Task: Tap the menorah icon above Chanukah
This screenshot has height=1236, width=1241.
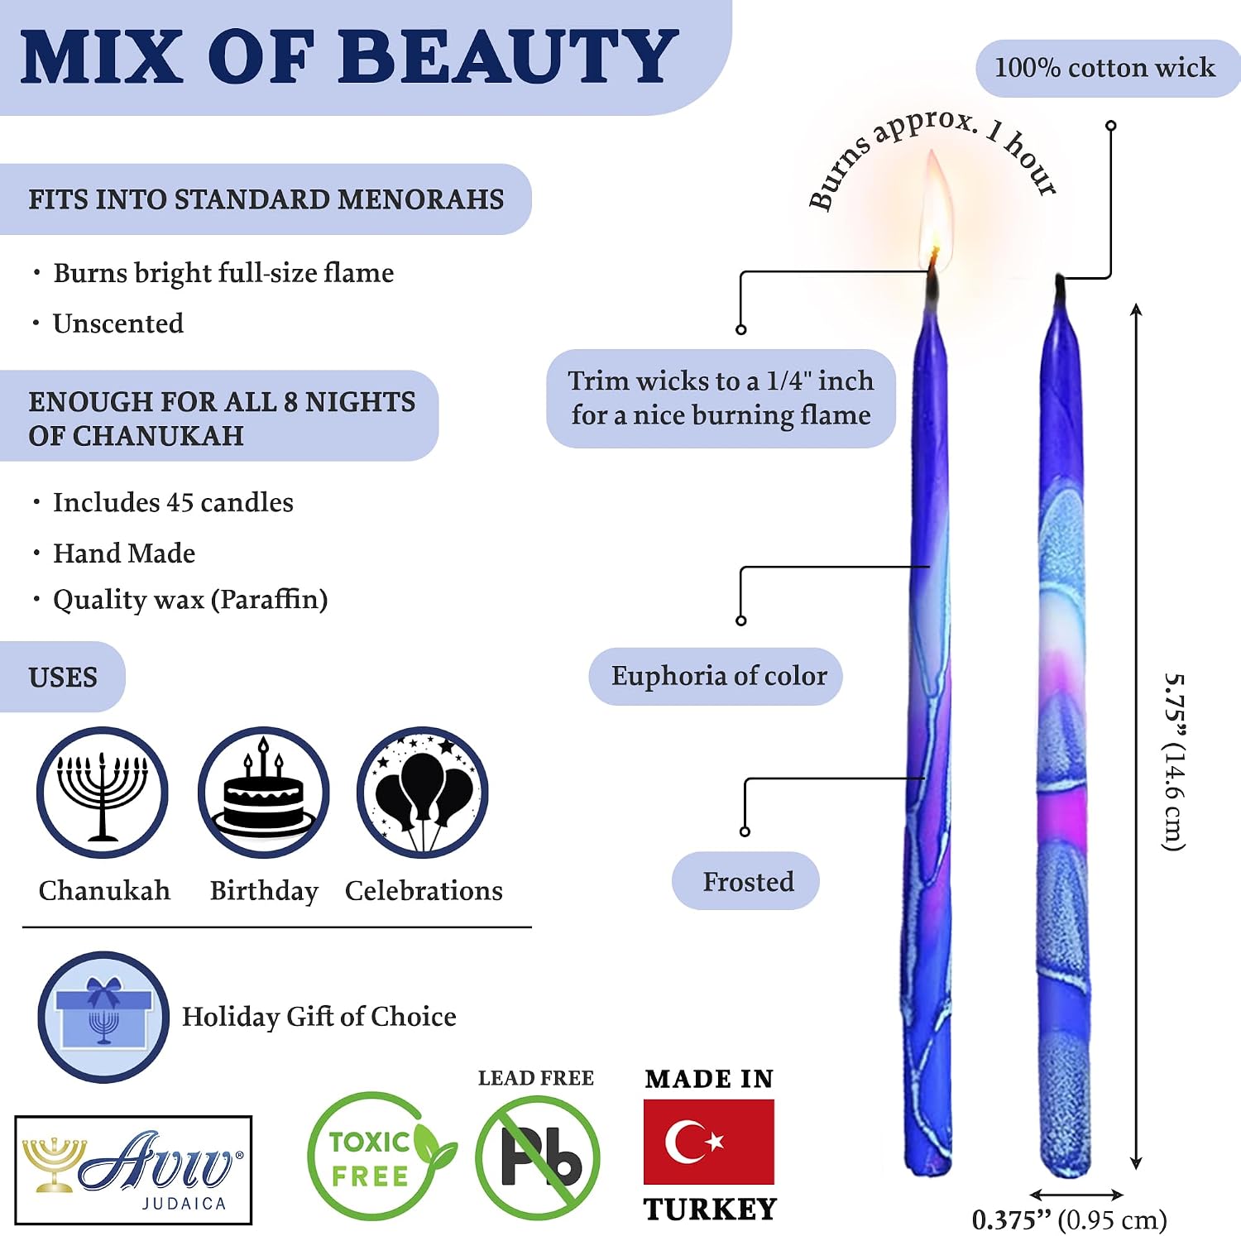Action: [x=102, y=793]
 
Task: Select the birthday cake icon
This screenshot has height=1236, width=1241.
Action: [x=263, y=793]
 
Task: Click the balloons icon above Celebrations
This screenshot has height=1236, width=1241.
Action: [x=423, y=793]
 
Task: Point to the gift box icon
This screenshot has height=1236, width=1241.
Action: [x=103, y=1017]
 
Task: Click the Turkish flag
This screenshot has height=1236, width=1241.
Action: [x=709, y=1142]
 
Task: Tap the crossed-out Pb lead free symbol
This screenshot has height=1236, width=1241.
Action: [x=538, y=1157]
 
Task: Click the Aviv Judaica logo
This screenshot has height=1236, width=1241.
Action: [x=133, y=1170]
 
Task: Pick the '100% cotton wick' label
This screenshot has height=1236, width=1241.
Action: [x=1105, y=68]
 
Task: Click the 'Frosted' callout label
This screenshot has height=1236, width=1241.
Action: [x=746, y=881]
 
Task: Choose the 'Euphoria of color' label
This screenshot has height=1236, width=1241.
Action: [x=716, y=676]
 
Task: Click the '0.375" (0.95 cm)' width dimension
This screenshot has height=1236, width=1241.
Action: [x=1070, y=1219]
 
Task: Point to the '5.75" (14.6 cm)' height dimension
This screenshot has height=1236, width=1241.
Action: [x=1174, y=762]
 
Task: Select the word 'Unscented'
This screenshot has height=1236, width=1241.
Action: [x=118, y=323]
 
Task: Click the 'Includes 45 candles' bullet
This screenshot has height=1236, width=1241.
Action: [x=173, y=502]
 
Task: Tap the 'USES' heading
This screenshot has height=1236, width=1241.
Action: [x=63, y=678]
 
